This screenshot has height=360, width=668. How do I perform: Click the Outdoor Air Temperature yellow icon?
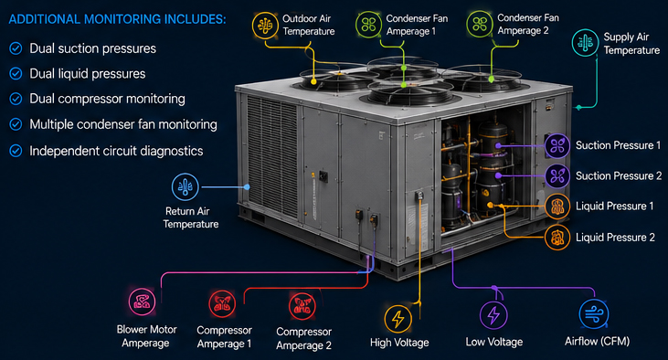(265, 26)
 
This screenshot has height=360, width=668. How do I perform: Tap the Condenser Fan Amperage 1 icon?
(368, 25)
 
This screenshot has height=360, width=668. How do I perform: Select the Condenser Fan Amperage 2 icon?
(480, 24)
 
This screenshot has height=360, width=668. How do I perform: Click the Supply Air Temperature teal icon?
(585, 43)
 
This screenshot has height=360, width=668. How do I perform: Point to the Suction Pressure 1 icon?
(557, 145)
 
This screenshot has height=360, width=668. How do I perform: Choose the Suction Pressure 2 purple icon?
(557, 176)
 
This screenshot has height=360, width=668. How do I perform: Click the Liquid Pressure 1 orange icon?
(557, 206)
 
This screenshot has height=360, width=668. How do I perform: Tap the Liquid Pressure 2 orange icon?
(557, 238)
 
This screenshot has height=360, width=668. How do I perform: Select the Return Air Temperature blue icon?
(185, 186)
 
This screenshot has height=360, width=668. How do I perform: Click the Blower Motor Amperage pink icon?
(142, 302)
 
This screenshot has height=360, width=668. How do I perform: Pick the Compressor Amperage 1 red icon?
(222, 303)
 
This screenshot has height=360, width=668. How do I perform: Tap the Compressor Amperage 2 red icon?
(302, 305)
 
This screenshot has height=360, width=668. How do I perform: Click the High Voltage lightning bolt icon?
(398, 319)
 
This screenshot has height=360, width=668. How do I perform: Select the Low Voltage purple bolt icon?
(493, 315)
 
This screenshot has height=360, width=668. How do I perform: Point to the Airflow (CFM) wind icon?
(594, 314)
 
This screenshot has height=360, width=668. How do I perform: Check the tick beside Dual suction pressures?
(16, 48)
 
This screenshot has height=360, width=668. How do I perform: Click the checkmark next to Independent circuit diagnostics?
(16, 151)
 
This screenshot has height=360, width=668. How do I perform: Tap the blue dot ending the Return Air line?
(247, 186)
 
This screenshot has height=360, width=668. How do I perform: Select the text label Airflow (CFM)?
(598, 341)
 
